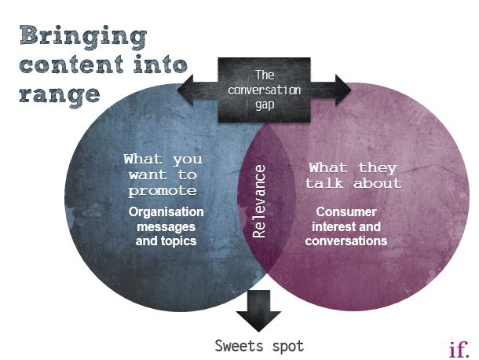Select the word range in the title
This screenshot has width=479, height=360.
pos(60,97)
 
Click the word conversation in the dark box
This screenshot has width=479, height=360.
pos(265,90)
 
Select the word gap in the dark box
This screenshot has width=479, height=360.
pos(265,105)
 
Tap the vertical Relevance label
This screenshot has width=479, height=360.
pos(259,201)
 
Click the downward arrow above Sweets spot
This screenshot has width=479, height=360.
pos(258,310)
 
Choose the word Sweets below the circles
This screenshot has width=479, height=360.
pos(239,346)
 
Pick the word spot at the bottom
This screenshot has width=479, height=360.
pos(288,347)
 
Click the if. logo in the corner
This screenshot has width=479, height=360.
pos(459,349)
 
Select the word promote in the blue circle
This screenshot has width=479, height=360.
pos(163,191)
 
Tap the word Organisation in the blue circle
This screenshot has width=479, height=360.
pos(166,212)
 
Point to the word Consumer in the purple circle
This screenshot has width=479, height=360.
pos(346,212)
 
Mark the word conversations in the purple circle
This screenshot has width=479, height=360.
pos(346,241)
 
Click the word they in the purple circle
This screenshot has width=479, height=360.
pos(378,168)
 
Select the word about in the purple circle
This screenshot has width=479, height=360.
pos(378,183)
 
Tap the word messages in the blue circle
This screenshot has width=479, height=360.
pos(166,226)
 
